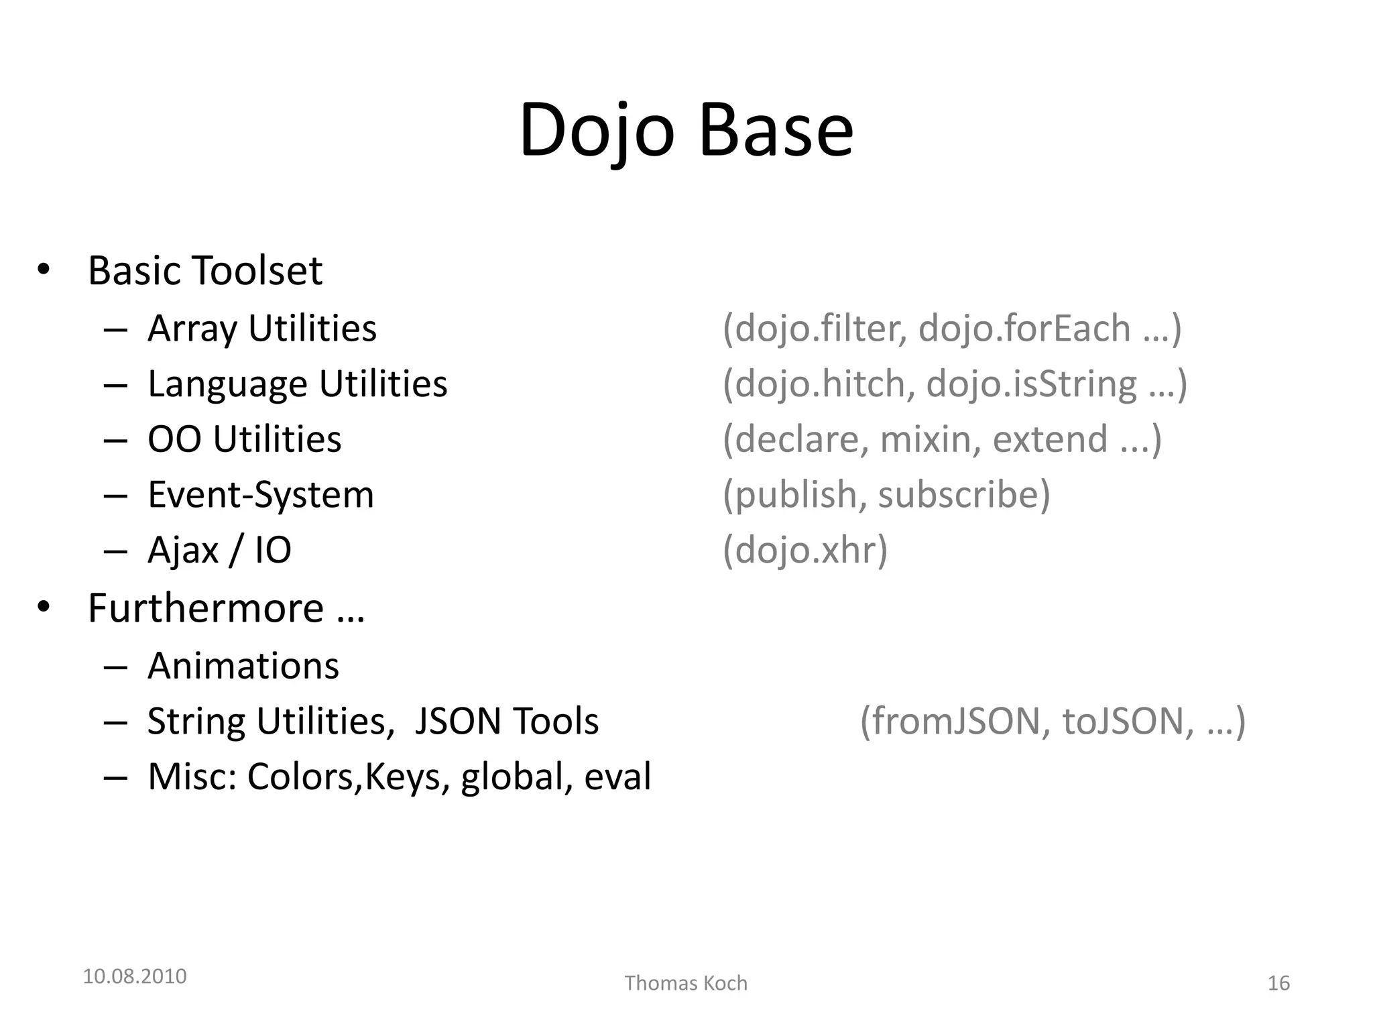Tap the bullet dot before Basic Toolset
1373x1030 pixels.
44,270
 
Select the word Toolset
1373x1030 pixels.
257,271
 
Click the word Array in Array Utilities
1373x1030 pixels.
192,329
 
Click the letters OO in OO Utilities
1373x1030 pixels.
174,440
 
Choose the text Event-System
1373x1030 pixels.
260,496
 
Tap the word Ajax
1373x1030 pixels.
183,551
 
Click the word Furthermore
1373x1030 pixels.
206,609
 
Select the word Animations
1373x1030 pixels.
243,666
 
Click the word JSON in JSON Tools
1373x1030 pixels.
458,722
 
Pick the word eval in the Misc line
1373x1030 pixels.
617,777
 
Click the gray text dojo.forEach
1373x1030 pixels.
1024,329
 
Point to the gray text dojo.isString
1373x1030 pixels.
1031,384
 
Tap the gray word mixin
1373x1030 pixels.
925,440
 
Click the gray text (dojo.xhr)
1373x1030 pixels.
804,551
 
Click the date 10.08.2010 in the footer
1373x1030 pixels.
135,976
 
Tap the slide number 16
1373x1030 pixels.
1278,983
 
